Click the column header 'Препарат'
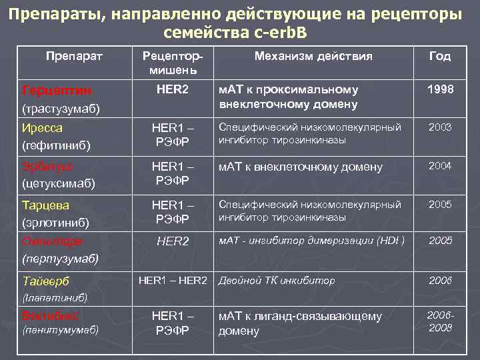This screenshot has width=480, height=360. (74, 57)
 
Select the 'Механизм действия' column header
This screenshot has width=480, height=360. (313, 57)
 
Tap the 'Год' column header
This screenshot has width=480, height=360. (440, 57)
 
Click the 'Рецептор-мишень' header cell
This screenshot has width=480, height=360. (173, 63)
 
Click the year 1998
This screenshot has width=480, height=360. (440, 89)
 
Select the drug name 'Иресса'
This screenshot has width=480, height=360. (41, 127)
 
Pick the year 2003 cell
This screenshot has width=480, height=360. (440, 127)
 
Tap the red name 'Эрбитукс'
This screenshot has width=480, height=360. (47, 166)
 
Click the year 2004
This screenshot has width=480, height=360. (440, 165)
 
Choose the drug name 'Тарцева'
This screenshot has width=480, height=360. (45, 205)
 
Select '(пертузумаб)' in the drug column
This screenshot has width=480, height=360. (60, 257)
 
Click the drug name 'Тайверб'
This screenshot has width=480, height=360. (45, 281)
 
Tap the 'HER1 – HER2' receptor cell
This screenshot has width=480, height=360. (173, 280)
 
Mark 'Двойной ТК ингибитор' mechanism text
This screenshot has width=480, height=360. (277, 281)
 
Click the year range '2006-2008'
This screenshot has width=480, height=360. (440, 321)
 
